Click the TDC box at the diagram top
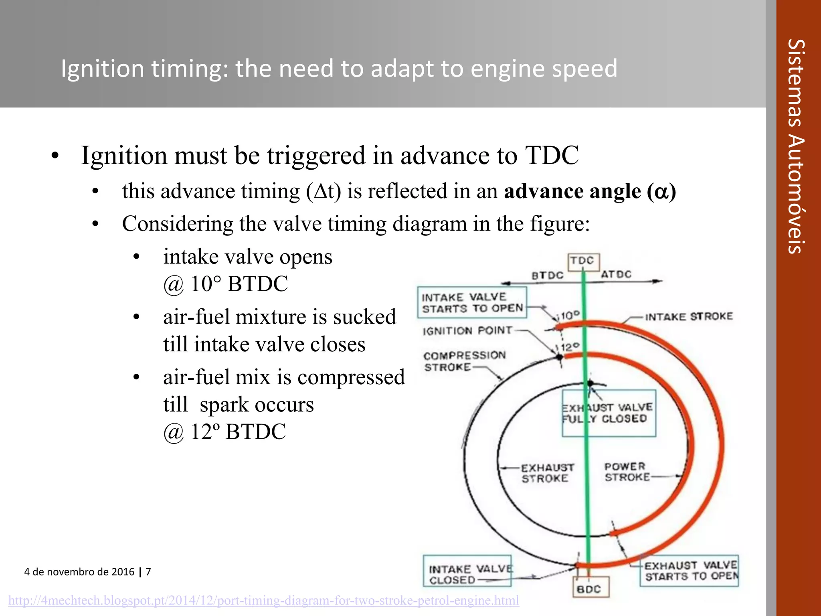(x=583, y=261)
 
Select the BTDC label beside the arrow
(x=547, y=276)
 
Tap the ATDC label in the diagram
(x=616, y=274)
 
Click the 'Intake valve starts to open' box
(x=472, y=302)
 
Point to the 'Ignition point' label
(x=467, y=330)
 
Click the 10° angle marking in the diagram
(x=570, y=316)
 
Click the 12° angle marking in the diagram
(x=569, y=347)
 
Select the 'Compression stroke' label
(x=464, y=361)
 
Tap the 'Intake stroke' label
(x=689, y=317)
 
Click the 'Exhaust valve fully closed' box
(x=609, y=413)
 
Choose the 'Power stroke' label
(x=626, y=472)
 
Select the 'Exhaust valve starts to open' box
(x=690, y=571)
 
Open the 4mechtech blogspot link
(x=263, y=600)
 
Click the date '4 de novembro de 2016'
(x=79, y=571)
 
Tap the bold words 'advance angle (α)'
(x=590, y=191)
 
